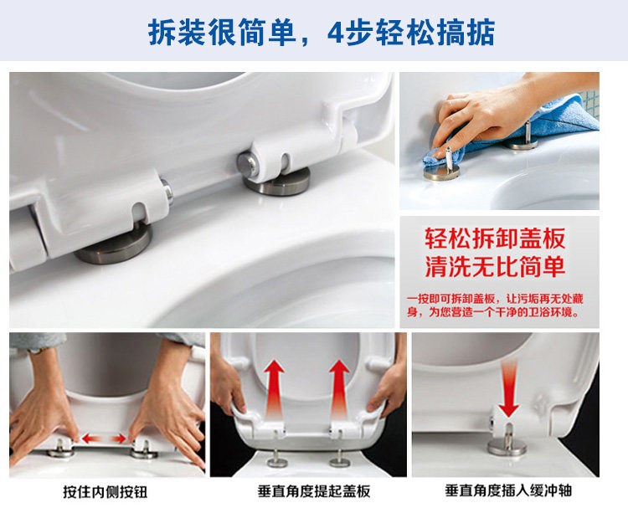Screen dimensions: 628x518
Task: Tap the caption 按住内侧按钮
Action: [x=106, y=492]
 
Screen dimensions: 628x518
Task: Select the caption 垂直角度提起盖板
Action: [x=314, y=491]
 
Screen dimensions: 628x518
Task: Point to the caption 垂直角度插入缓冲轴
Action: [x=508, y=490]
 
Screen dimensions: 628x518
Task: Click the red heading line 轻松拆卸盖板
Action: [x=495, y=238]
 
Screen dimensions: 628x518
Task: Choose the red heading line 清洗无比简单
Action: [x=495, y=266]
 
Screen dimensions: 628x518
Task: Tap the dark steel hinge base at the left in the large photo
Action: [x=113, y=244]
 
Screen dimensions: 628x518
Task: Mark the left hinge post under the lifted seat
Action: [x=277, y=458]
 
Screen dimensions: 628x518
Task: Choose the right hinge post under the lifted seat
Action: [x=340, y=458]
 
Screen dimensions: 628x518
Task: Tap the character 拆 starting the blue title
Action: [x=162, y=32]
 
